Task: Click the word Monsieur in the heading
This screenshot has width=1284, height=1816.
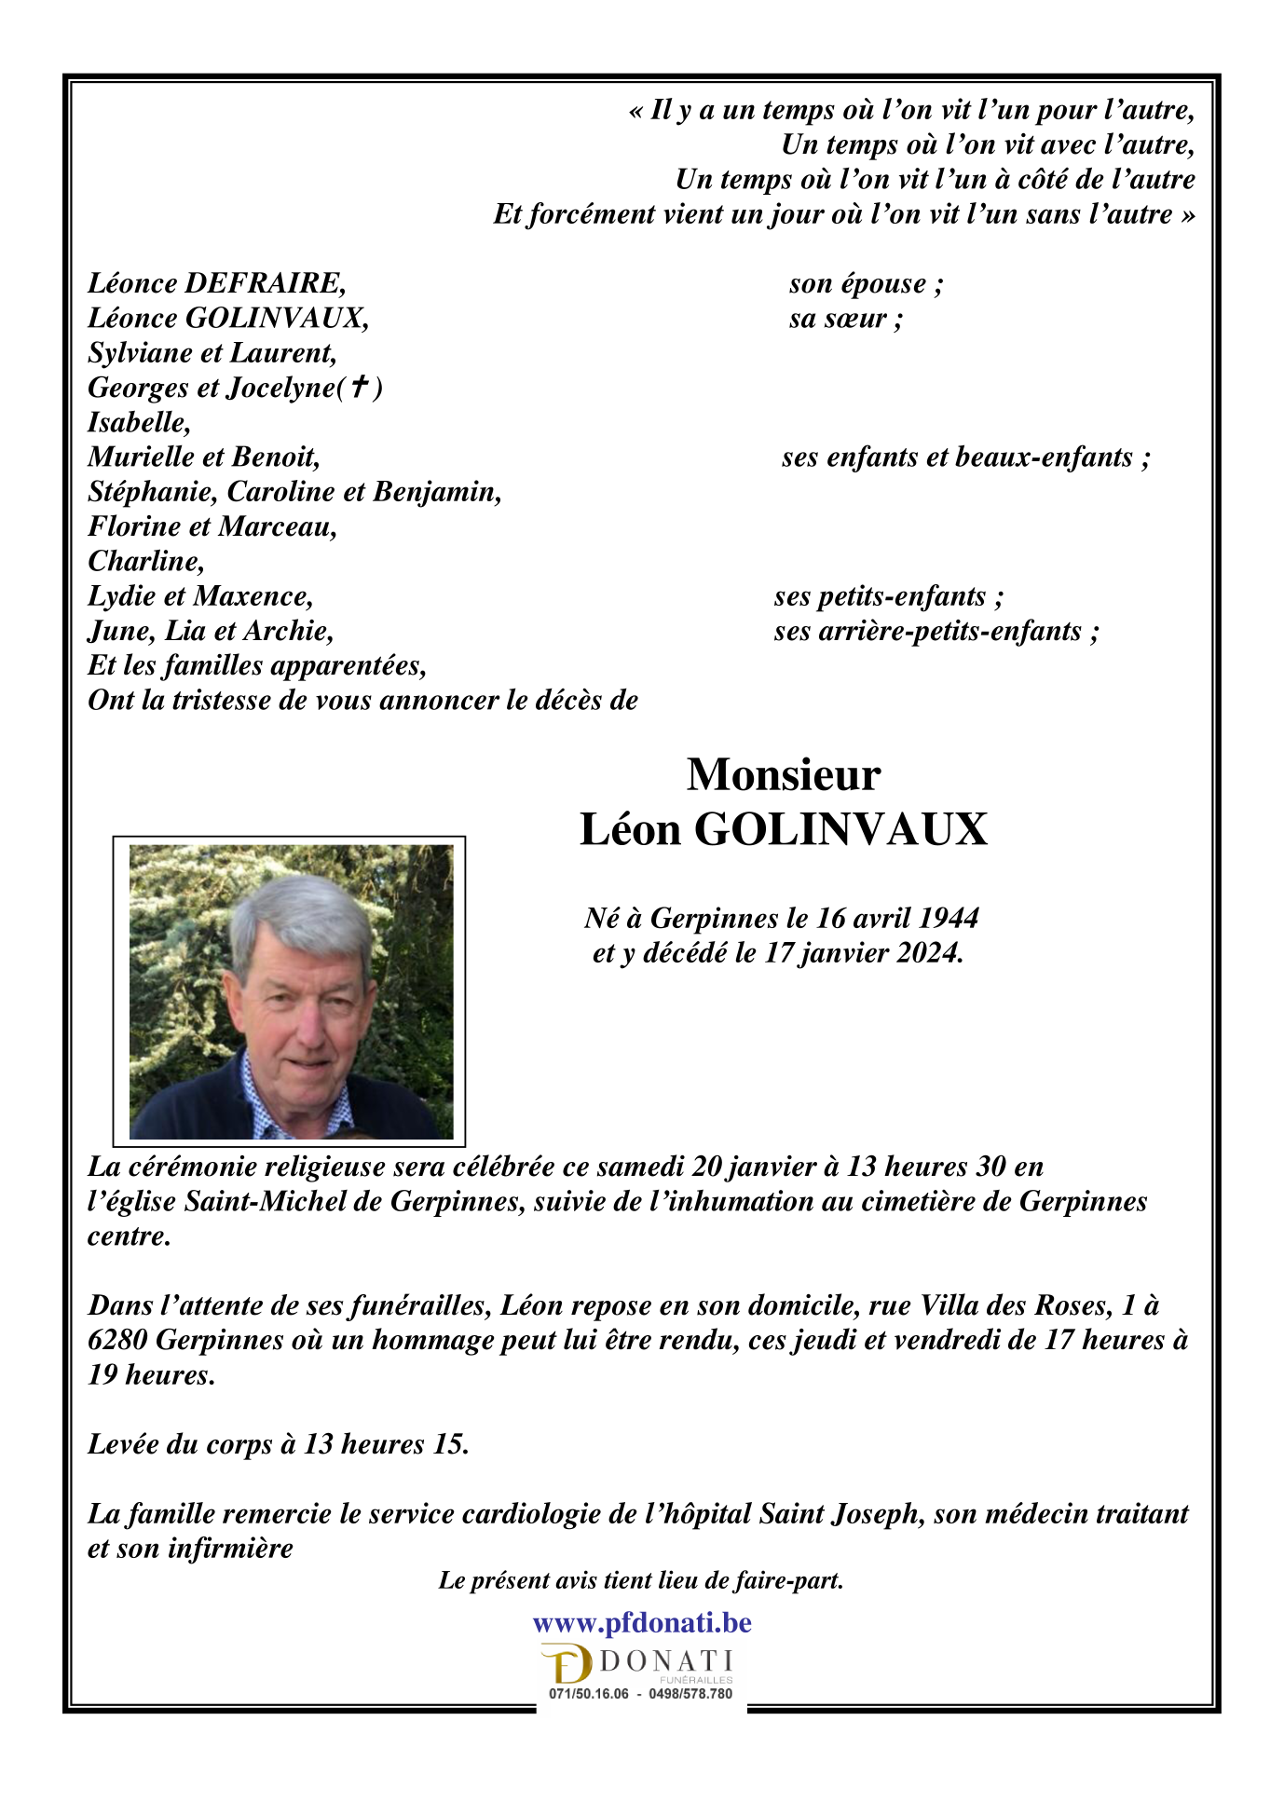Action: click(783, 775)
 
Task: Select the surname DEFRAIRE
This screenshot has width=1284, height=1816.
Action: click(265, 283)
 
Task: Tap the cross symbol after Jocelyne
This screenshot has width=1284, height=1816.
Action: click(358, 387)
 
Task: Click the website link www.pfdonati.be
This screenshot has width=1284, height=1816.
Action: click(641, 1623)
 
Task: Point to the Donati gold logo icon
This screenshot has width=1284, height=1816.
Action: click(567, 1665)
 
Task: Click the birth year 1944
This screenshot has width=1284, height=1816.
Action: click(949, 919)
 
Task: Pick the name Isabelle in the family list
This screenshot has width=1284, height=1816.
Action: click(138, 423)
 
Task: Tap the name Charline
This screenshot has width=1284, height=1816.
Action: click(144, 562)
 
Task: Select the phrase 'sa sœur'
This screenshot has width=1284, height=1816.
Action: click(844, 319)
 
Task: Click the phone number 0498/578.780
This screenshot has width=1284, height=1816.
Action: click(690, 1694)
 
